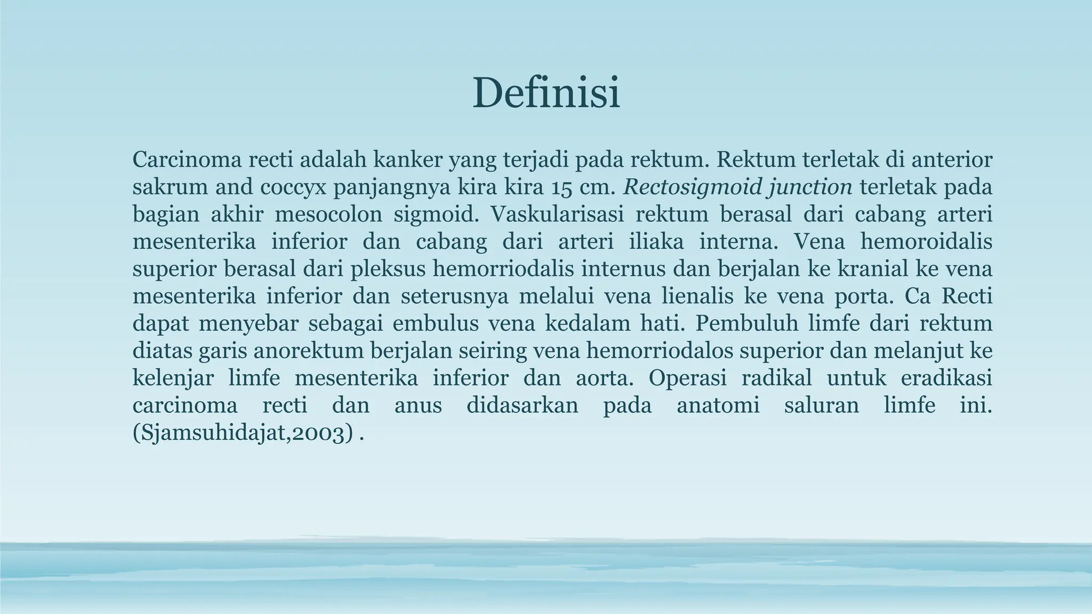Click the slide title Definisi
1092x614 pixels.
click(x=546, y=93)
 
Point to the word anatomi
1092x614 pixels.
click(x=718, y=406)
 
